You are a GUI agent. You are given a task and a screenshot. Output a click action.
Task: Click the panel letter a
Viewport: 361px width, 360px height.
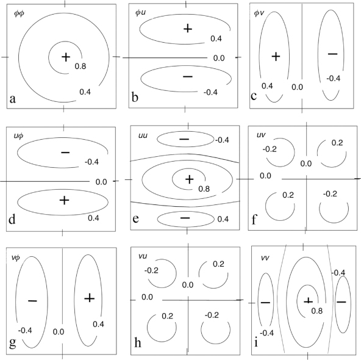coord(13,99)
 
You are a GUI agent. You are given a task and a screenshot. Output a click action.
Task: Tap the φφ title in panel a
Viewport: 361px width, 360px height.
coord(19,13)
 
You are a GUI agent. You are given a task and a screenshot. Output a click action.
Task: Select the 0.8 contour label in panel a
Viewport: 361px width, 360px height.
coord(80,67)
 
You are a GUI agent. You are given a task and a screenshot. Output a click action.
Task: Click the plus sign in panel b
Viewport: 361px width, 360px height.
coord(188,29)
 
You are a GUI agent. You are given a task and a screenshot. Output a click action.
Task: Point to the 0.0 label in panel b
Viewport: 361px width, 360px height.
coord(219,58)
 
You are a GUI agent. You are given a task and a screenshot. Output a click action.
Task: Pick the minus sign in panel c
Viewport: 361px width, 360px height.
coord(333,54)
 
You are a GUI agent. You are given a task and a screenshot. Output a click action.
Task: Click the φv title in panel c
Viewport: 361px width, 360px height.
coord(259,13)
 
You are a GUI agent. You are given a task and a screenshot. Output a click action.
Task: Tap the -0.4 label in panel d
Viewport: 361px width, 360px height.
coord(91,162)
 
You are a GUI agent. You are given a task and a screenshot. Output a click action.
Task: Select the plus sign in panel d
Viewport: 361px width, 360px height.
coord(64,200)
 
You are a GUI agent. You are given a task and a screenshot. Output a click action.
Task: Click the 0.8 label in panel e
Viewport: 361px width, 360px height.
coord(204,189)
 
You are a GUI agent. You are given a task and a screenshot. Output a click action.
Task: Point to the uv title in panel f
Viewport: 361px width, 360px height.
coord(261,135)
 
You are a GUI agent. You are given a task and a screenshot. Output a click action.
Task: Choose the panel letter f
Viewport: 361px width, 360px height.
coord(254,220)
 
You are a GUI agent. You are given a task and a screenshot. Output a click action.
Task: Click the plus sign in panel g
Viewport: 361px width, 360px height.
coord(89,298)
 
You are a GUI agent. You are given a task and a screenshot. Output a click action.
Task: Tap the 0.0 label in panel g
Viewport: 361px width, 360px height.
coord(59,332)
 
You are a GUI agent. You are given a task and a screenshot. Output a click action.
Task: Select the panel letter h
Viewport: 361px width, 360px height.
coord(137,342)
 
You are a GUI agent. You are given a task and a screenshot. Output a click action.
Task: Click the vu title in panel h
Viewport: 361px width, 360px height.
coord(143,256)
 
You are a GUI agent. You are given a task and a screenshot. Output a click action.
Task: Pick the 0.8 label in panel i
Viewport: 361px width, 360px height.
coord(317,311)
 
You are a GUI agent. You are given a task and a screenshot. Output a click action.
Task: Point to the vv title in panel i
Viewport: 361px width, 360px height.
coord(265,257)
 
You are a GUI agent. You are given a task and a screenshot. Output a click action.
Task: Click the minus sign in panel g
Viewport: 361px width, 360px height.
coord(32,301)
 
